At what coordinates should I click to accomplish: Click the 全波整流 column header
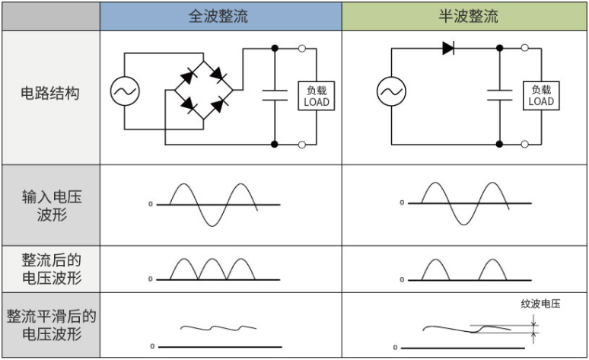(x=218, y=16)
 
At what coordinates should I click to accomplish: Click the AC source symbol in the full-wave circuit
(x=124, y=92)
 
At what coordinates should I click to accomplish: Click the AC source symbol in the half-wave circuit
(x=390, y=93)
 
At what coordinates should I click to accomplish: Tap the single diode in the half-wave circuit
(x=448, y=48)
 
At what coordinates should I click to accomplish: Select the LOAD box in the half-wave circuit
(x=541, y=95)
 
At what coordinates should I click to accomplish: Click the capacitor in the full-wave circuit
(x=274, y=95)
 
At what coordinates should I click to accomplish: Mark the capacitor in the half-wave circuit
(x=499, y=95)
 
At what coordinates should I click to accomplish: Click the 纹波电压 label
(x=540, y=304)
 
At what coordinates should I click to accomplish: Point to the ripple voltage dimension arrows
(x=535, y=328)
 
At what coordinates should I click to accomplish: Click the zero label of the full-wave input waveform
(x=150, y=204)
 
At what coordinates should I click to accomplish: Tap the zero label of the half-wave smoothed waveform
(x=403, y=347)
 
